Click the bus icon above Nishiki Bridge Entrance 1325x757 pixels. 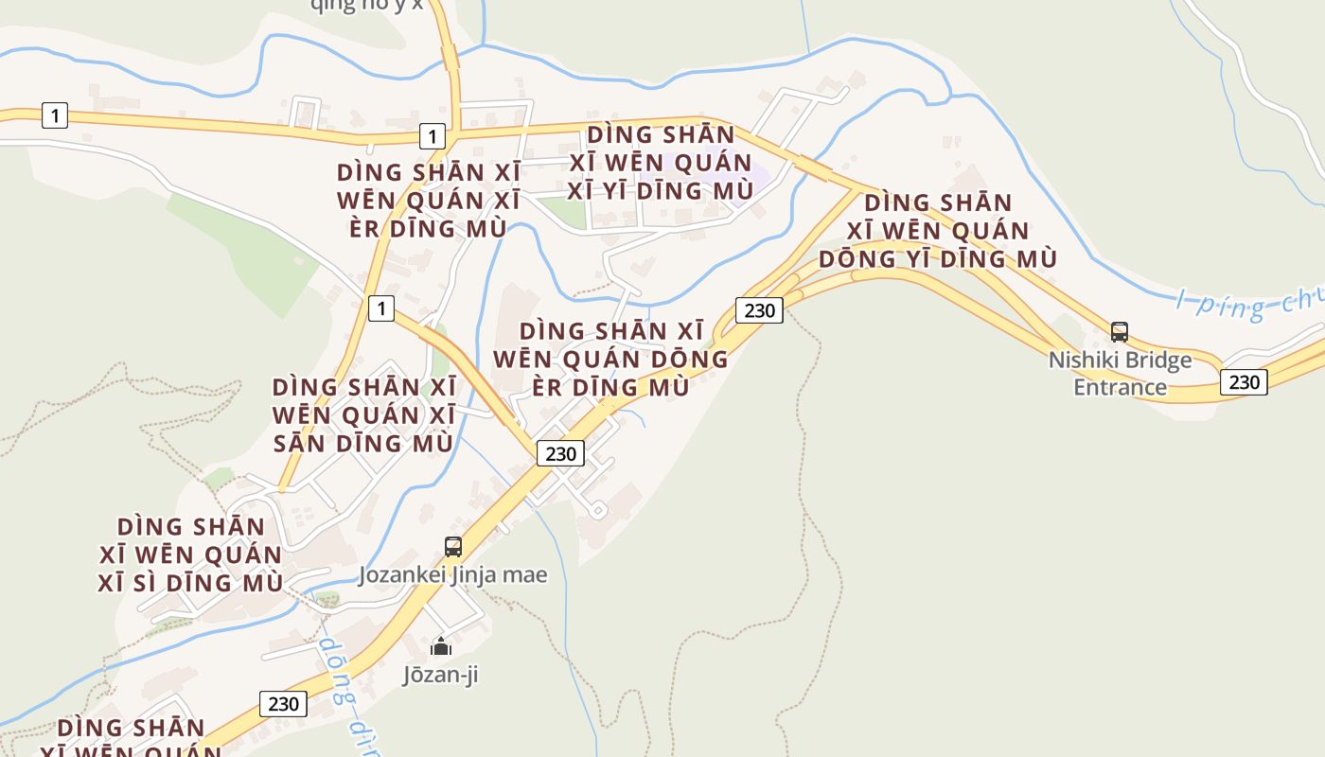pos(1120,332)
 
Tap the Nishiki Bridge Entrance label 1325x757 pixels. pos(1120,374)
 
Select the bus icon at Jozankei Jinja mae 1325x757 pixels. pos(453,547)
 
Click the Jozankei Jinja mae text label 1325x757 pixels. pos(452,574)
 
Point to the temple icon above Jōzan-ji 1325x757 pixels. pos(441,647)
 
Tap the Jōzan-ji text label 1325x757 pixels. pos(441,676)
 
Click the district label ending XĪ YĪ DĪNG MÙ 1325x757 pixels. pos(661,163)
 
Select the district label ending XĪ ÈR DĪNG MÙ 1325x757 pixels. pos(428,201)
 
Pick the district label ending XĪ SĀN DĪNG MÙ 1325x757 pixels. pos(364,414)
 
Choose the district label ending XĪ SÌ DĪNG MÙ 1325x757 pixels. pos(190,555)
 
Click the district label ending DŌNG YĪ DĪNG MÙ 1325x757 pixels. pos(937,231)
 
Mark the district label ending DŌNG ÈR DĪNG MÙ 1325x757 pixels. pos(611,360)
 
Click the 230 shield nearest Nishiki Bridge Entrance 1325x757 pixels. pos(1244,381)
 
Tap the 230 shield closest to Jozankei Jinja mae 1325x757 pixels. pos(560,453)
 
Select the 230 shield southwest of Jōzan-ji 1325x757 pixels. pos(283,703)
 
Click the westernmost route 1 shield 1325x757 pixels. pos(55,115)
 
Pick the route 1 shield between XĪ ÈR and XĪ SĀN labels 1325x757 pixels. pos(380,308)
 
